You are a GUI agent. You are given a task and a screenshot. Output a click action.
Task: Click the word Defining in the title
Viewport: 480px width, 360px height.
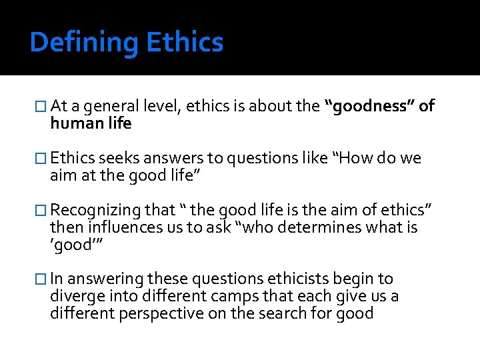(84, 43)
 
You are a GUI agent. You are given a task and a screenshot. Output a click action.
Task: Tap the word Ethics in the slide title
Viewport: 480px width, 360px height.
(185, 43)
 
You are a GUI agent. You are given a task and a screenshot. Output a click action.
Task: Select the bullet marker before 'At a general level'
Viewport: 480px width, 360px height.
(43, 107)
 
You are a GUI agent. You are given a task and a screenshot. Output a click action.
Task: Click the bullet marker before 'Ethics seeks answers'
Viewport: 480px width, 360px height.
(43, 159)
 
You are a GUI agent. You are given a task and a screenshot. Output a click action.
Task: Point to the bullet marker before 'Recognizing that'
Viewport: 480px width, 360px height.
(43, 211)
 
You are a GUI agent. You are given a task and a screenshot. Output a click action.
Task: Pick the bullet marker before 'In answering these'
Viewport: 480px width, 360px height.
(43, 279)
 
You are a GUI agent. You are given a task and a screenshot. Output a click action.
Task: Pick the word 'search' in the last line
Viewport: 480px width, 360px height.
(301, 313)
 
